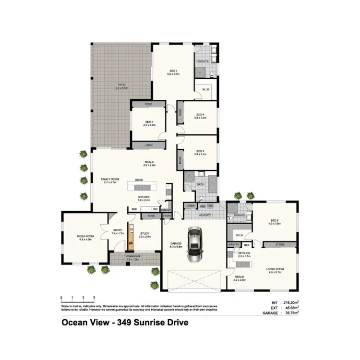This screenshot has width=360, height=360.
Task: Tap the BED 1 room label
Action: point(173,72)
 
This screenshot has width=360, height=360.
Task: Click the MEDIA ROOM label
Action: point(84,237)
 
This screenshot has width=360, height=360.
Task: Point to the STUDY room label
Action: point(145,235)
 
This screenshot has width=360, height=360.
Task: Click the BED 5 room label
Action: point(274,222)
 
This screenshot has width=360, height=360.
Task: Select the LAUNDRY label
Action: point(206,215)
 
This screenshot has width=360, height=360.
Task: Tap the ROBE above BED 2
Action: point(149,104)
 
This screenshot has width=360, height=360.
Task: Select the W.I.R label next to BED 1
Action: point(205,89)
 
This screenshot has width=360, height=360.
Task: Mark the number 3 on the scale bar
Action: point(94,298)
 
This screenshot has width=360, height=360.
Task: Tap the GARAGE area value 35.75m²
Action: point(289,312)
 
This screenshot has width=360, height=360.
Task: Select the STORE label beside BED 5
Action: point(280,245)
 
